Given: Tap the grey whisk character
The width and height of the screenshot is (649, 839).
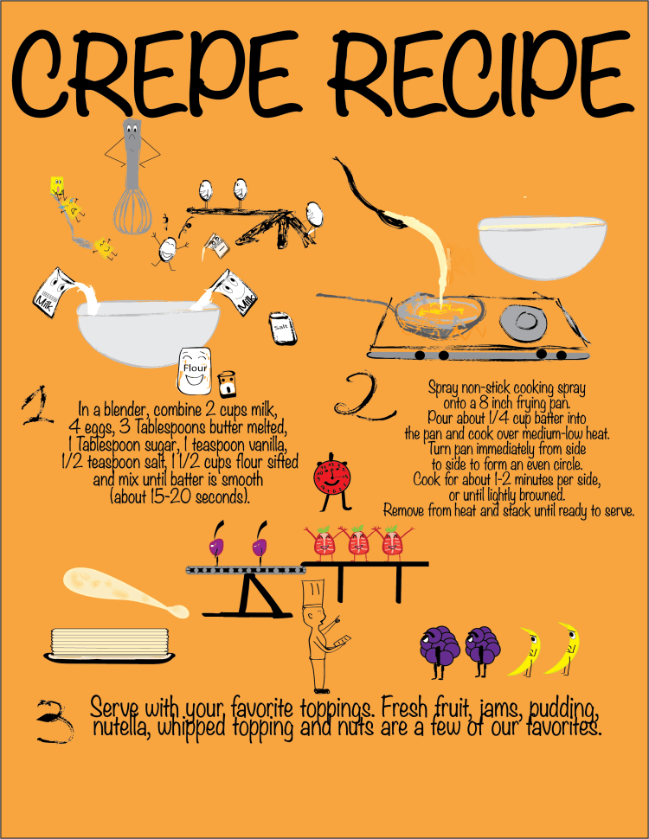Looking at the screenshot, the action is coord(132,176).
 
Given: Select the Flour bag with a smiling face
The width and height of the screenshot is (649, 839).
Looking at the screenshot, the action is coord(194,370).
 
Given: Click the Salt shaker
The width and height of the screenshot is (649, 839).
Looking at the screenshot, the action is coord(282,328).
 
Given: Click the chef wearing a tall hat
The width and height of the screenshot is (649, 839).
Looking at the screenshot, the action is coord(321,637).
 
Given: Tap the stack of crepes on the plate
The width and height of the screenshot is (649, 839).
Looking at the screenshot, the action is coord(110,645).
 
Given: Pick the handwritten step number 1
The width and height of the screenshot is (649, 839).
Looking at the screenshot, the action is coord(37,406).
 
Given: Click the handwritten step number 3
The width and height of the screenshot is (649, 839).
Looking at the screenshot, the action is coord(55,721).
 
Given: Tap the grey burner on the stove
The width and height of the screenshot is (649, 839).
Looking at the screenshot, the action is coord(524,321).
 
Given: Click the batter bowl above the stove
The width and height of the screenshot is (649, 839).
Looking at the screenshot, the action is coord(542,247).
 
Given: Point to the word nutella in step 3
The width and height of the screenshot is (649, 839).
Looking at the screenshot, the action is coord(120,727).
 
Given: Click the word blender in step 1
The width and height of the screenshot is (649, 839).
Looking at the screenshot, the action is coord(127,410).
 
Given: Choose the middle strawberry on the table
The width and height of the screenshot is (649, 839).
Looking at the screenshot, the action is coord(358,541).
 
